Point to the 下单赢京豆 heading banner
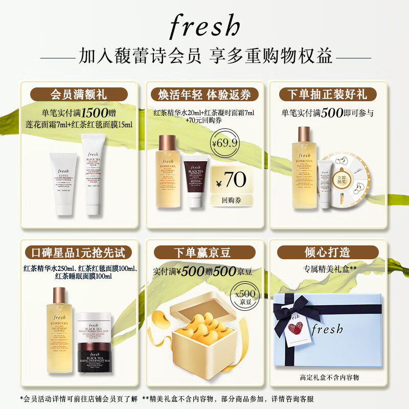(204, 252)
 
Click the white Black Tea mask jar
(98, 327)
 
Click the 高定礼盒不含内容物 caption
(330, 377)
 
